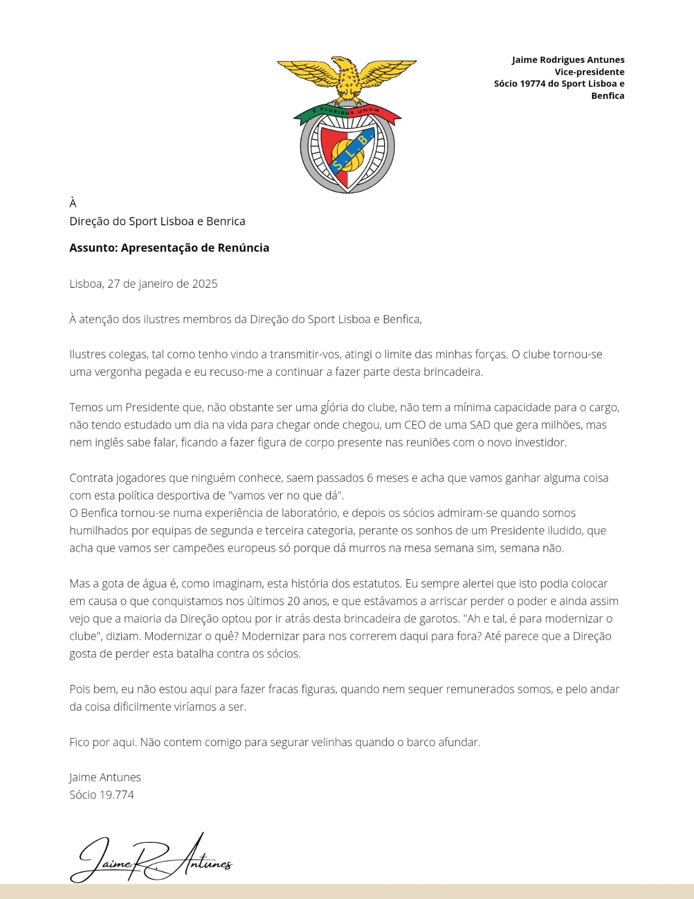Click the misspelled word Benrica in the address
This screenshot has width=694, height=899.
click(226, 221)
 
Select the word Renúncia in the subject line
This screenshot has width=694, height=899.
click(243, 248)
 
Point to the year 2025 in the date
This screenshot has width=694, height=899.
click(204, 284)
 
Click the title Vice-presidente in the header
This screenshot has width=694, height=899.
click(590, 72)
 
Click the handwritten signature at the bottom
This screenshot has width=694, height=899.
click(150, 859)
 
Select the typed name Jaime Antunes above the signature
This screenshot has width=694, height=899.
click(105, 777)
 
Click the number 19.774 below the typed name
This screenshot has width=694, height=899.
click(117, 795)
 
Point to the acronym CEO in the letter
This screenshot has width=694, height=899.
click(415, 425)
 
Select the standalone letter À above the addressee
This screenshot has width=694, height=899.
click(73, 203)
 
